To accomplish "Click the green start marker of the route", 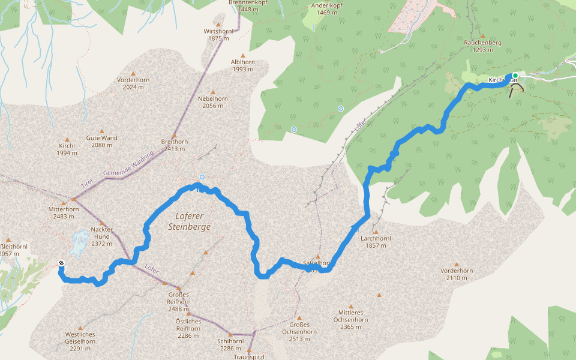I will [x=515, y=76].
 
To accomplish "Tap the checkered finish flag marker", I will [x=62, y=263].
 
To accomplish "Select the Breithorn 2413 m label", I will [x=175, y=145].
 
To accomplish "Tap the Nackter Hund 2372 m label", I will [x=101, y=240].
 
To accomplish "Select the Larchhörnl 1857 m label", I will [x=376, y=242].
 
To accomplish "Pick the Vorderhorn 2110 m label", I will [x=456, y=274].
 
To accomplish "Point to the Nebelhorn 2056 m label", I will [x=212, y=102].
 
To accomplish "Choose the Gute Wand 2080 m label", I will [x=101, y=141].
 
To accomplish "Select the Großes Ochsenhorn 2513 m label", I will [x=299, y=335].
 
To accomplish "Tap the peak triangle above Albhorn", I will [x=243, y=55].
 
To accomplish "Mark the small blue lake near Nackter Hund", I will [x=79, y=242].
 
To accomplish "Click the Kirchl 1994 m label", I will [x=67, y=149].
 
